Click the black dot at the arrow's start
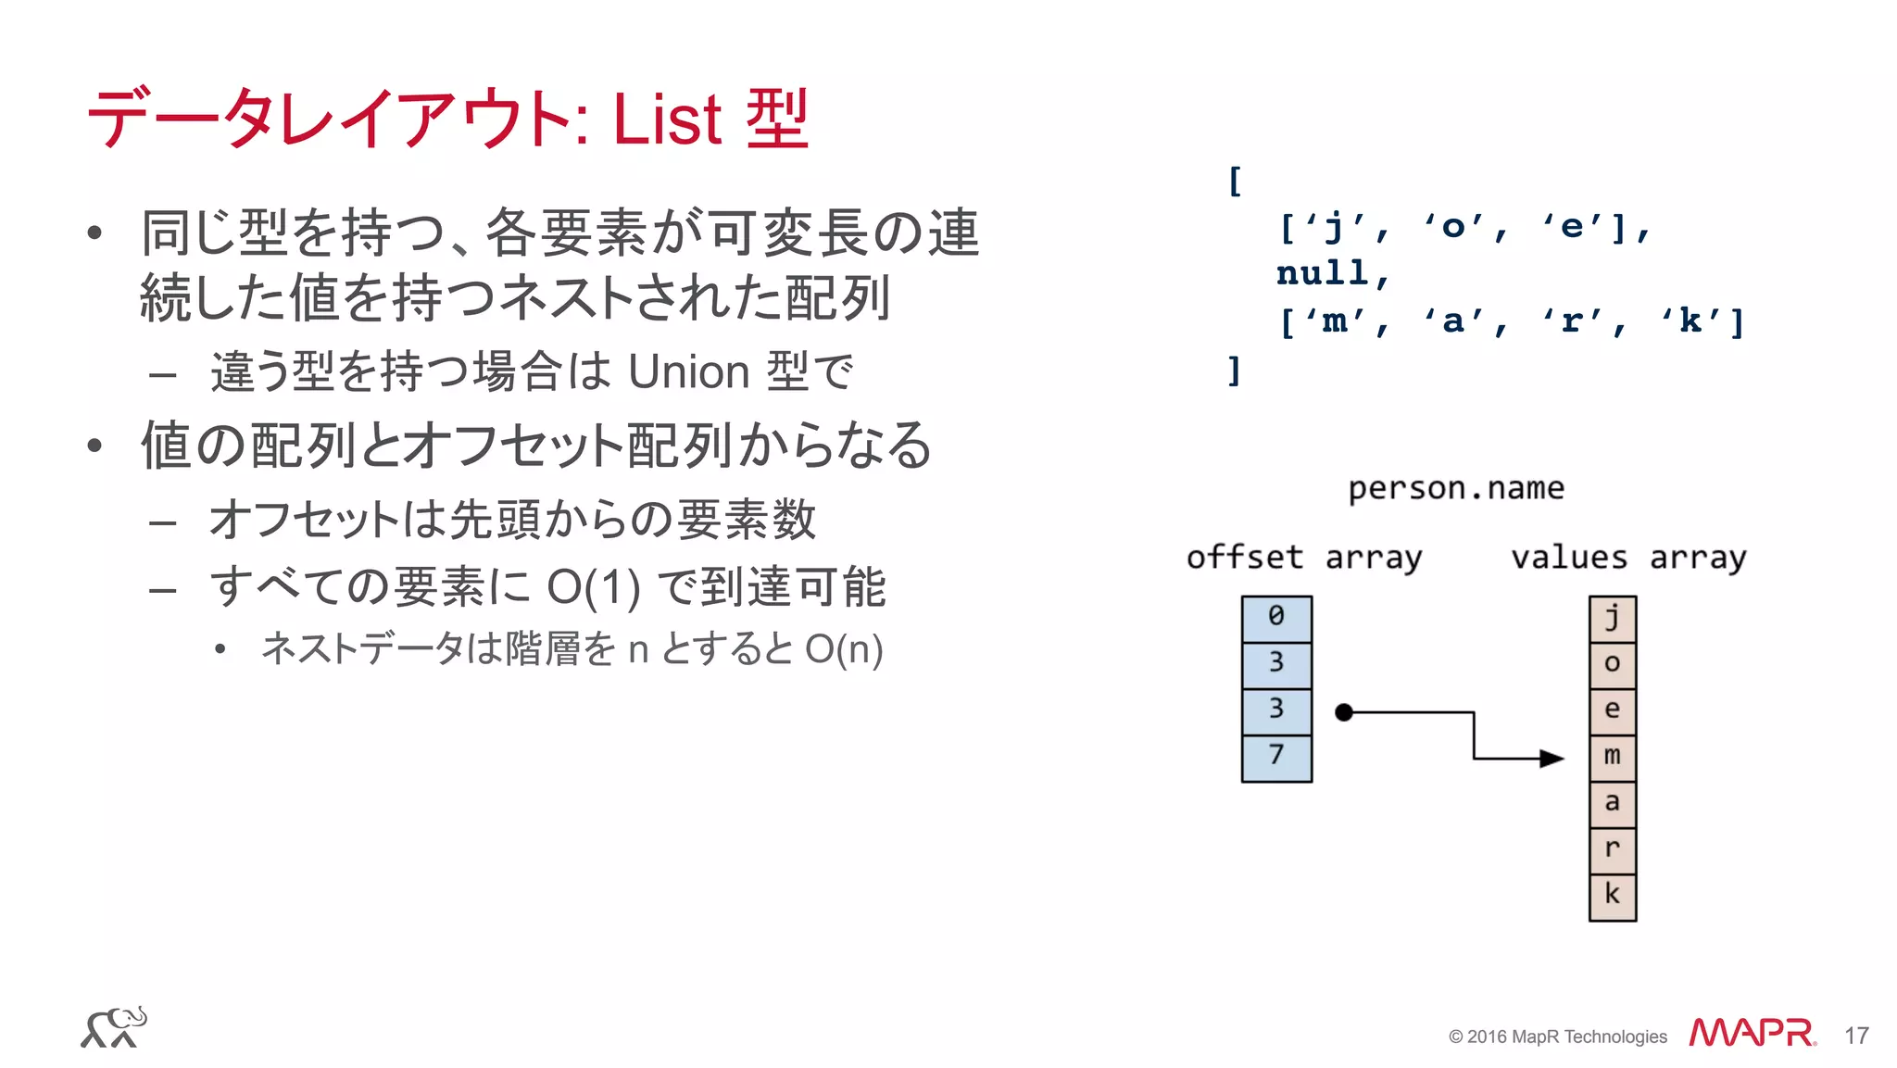[x=1344, y=712]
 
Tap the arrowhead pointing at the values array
[x=1552, y=759]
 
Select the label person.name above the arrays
[x=1455, y=488]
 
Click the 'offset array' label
[x=1303, y=558]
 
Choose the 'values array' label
[x=1627, y=558]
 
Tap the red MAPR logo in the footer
[x=1752, y=1033]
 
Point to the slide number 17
[x=1856, y=1036]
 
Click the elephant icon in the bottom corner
[x=114, y=1027]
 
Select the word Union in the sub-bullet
[x=688, y=372]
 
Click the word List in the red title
[x=666, y=119]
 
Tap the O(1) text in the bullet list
[x=594, y=587]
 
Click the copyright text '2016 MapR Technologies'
[x=1565, y=1037]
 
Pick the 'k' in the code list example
[x=1690, y=321]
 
